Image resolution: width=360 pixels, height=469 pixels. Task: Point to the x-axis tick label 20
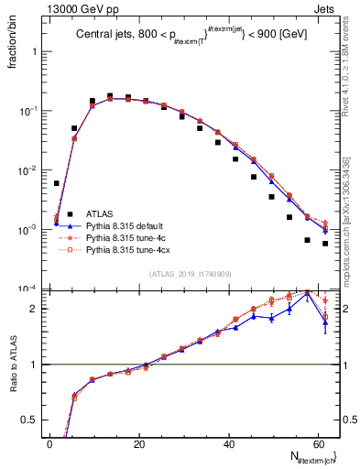[139, 443]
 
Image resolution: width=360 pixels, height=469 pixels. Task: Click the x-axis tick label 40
[229, 443]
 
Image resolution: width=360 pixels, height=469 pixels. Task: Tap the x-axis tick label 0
[50, 443]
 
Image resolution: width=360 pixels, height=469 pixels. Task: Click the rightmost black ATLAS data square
[325, 244]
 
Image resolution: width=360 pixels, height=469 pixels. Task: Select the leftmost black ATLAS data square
[57, 183]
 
